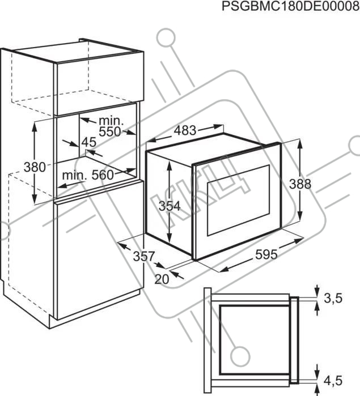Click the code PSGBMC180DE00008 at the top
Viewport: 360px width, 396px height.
(290, 6)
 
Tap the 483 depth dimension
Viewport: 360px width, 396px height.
(185, 130)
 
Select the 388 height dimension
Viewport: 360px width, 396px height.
(300, 184)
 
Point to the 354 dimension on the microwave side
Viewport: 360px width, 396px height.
(170, 206)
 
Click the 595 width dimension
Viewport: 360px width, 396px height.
(266, 254)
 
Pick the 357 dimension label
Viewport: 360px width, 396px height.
(143, 256)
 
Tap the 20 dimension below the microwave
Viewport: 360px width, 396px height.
(162, 279)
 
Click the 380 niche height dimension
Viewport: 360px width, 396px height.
(35, 167)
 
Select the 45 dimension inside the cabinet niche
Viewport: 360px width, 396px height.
(89, 142)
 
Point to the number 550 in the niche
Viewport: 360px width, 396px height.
(110, 132)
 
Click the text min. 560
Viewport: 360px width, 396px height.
(88, 175)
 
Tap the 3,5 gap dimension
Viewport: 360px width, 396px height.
(333, 298)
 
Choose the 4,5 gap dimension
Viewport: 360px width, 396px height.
(333, 381)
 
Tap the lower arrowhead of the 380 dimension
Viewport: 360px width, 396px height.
(35, 199)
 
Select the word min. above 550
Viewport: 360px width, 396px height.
(111, 121)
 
